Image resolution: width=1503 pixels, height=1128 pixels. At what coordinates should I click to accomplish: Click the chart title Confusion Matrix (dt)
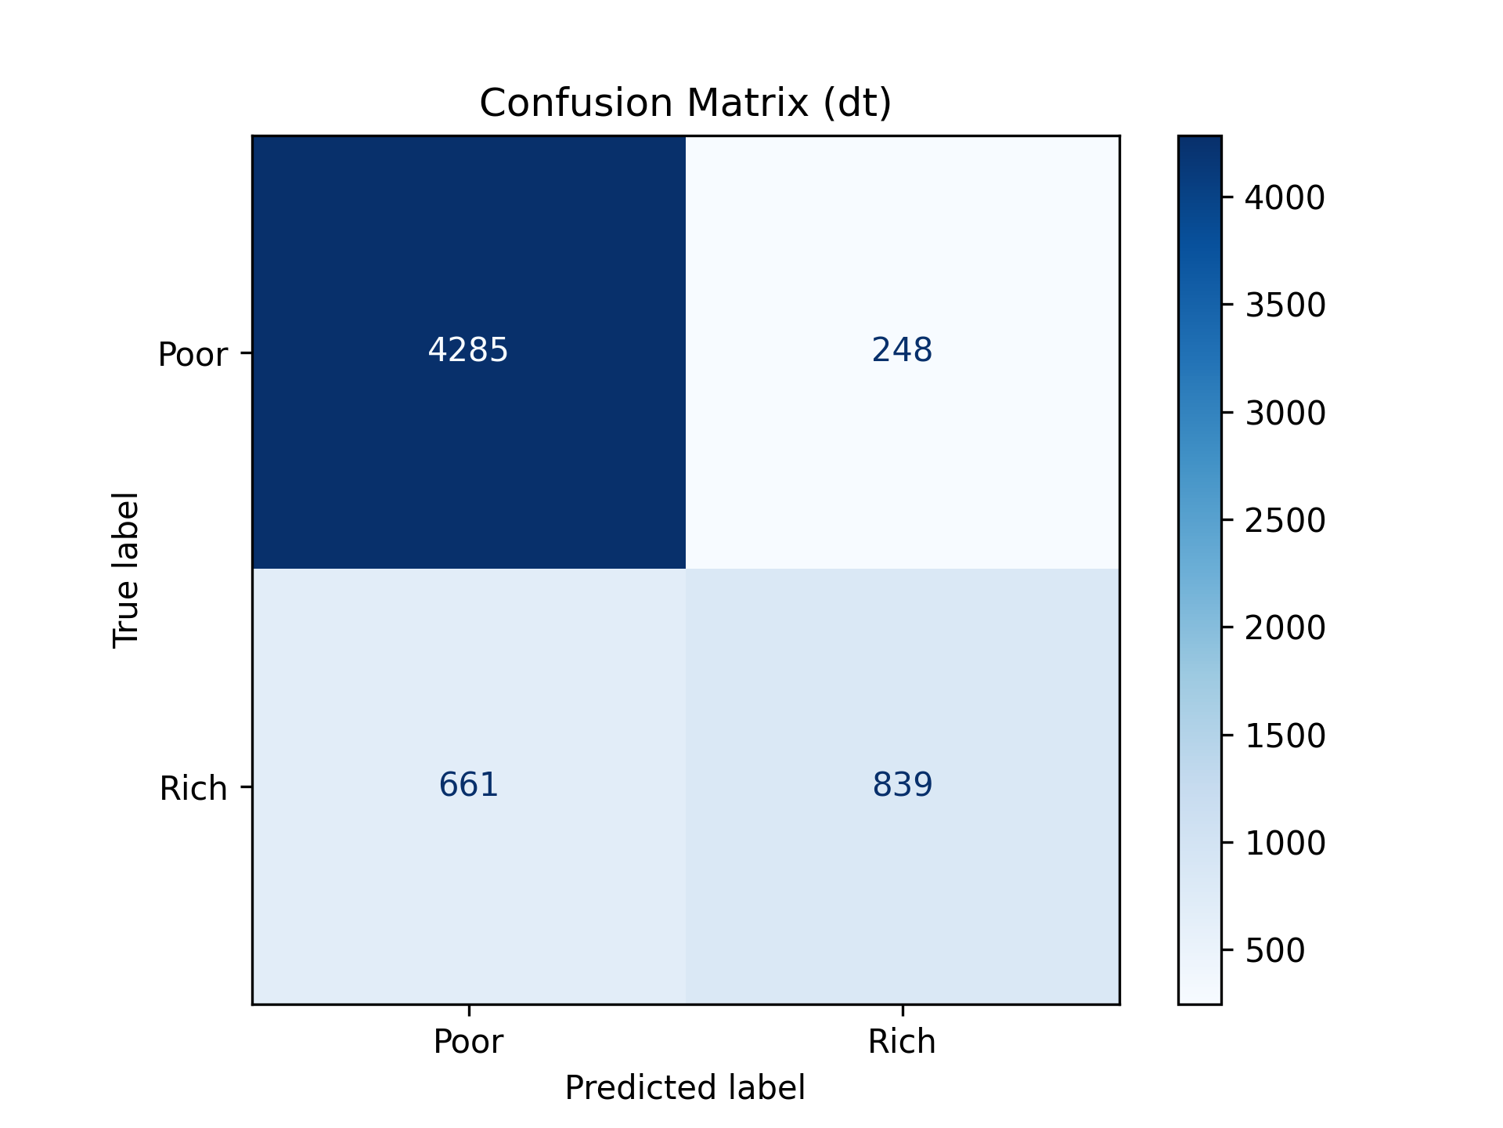[x=685, y=103]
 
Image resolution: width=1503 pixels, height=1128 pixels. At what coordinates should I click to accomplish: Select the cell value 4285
[x=468, y=349]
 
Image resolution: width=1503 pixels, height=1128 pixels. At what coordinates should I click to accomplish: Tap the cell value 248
[x=902, y=349]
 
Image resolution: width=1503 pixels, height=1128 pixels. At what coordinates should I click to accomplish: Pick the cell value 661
[x=468, y=784]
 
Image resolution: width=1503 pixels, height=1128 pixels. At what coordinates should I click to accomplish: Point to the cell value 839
[x=902, y=784]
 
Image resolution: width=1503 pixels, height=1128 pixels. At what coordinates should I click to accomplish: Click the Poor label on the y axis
[x=193, y=354]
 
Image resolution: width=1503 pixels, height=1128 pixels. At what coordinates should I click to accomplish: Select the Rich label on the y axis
[x=193, y=788]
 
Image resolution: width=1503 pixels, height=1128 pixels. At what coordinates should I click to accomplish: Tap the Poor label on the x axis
[x=468, y=1041]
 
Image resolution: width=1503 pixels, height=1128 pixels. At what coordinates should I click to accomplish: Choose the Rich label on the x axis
[x=902, y=1041]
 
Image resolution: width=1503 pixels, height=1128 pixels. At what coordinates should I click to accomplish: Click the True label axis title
[x=126, y=569]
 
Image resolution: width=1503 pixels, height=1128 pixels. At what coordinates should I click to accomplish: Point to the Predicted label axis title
[x=685, y=1088]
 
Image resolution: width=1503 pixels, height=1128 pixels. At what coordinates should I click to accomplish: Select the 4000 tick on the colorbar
[x=1285, y=197]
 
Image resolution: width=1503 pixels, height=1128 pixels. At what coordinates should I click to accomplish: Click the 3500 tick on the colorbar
[x=1285, y=305]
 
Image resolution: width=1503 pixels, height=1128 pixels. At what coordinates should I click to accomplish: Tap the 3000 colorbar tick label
[x=1285, y=413]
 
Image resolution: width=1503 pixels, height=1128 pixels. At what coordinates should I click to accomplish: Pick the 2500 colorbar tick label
[x=1285, y=520]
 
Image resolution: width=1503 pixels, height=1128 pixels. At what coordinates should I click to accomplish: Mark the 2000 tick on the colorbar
[x=1285, y=627]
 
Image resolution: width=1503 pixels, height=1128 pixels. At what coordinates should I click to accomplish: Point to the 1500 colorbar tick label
[x=1285, y=736]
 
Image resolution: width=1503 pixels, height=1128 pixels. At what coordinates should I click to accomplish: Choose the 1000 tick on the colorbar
[x=1285, y=843]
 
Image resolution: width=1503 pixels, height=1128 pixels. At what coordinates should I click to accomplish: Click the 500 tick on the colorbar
[x=1274, y=950]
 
